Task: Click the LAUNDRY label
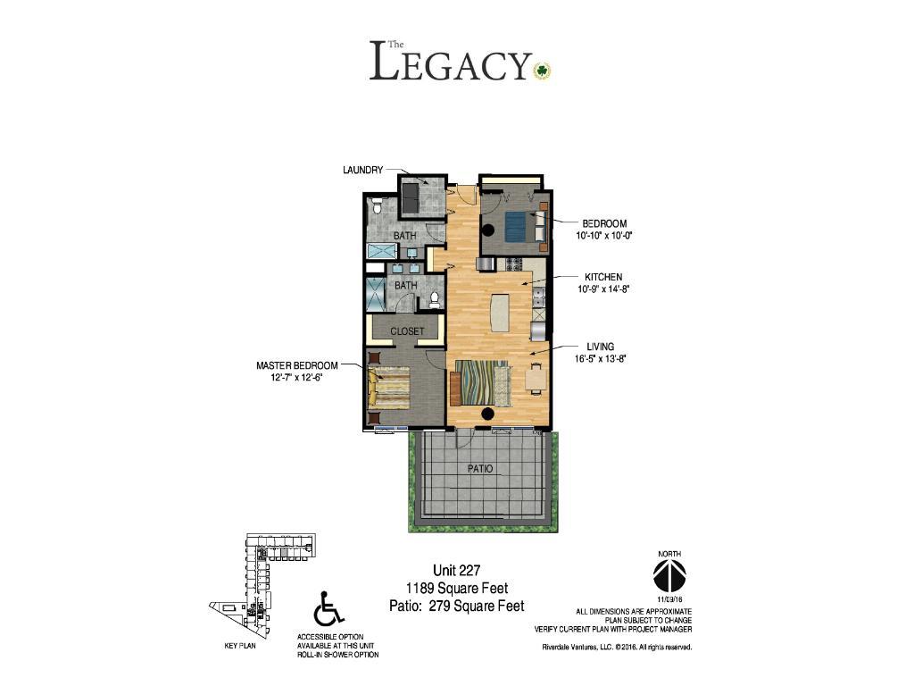pyautogui.click(x=362, y=170)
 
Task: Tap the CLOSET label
pyautogui.click(x=407, y=331)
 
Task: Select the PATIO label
pyautogui.click(x=479, y=469)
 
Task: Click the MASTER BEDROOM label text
pyautogui.click(x=296, y=365)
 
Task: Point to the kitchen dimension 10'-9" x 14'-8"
pyautogui.click(x=603, y=289)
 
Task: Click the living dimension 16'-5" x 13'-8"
pyautogui.click(x=600, y=359)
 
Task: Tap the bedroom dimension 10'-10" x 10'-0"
pyautogui.click(x=604, y=236)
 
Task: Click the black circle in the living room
pyautogui.click(x=487, y=414)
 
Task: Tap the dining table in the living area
pyautogui.click(x=536, y=378)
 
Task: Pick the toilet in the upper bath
pyautogui.click(x=378, y=206)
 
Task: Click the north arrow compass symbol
pyautogui.click(x=669, y=575)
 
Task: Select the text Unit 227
pyautogui.click(x=456, y=570)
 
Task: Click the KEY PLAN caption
pyautogui.click(x=239, y=646)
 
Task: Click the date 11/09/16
pyautogui.click(x=669, y=599)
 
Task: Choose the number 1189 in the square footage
pyautogui.click(x=420, y=588)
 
